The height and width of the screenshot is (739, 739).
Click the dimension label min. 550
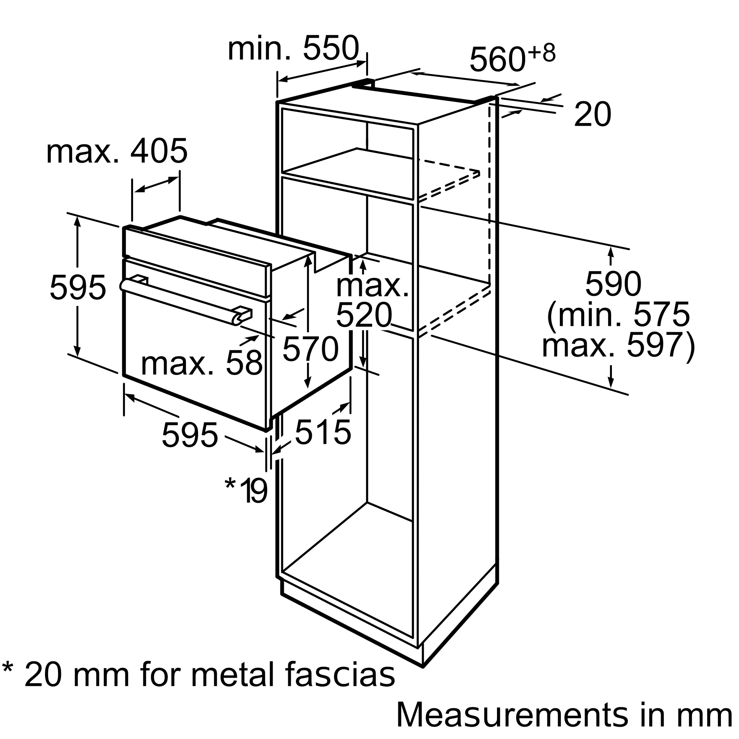tap(293, 48)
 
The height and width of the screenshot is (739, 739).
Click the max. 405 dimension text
tap(117, 151)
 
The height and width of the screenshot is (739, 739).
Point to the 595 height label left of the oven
tap(78, 287)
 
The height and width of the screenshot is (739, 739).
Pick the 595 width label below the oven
tap(190, 435)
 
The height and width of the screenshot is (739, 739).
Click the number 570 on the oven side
tap(310, 349)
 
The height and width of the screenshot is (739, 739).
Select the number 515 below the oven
tap(323, 432)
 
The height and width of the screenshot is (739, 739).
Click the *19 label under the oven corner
tap(246, 490)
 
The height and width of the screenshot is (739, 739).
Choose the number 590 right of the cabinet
tap(613, 284)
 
